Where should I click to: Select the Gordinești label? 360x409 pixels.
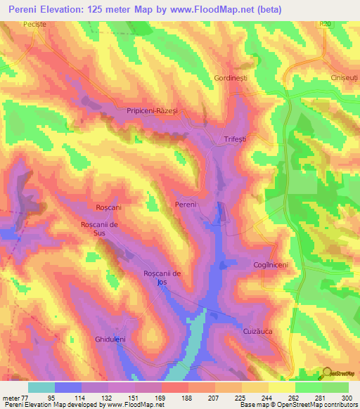tap(231, 79)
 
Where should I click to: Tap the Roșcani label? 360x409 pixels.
tap(108, 208)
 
